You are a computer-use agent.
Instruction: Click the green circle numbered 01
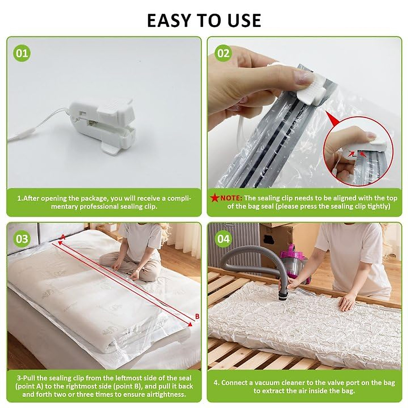point(22,53)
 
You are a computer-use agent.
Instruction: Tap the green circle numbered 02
point(223,53)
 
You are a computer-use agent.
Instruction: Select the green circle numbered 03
point(22,239)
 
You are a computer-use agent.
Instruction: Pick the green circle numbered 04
point(223,239)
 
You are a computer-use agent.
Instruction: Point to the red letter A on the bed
point(62,237)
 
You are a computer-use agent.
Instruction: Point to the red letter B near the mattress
point(197,317)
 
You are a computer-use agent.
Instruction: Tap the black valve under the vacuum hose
point(284,294)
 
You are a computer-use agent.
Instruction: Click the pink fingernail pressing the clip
point(304,78)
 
